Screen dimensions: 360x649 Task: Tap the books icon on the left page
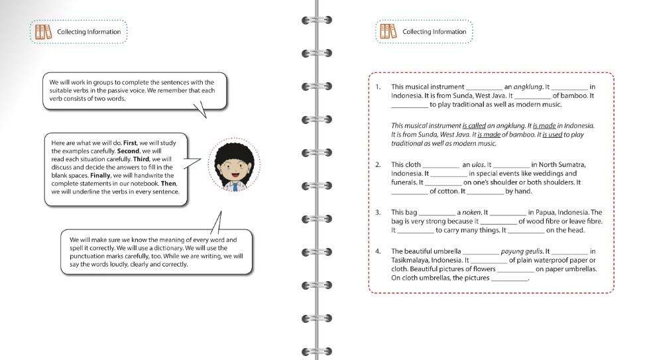(43, 31)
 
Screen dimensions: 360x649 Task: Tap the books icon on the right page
(388, 31)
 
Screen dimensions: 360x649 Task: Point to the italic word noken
(471, 213)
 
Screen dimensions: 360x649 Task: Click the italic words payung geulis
(522, 251)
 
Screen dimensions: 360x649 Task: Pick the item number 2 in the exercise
(378, 164)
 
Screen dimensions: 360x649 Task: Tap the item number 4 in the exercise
(378, 251)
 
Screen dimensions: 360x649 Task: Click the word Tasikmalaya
(412, 261)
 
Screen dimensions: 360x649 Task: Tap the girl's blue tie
(235, 188)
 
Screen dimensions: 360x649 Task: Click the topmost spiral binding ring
(317, 21)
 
